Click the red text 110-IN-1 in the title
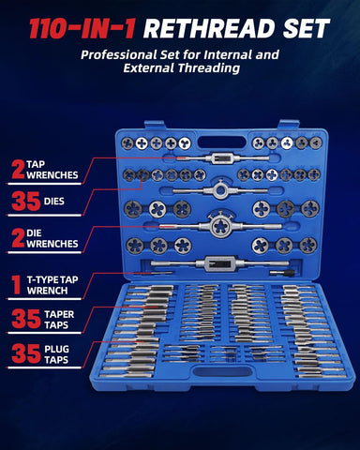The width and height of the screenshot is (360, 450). click(82, 29)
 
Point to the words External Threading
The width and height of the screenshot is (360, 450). click(182, 68)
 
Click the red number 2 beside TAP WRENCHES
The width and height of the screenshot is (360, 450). click(18, 170)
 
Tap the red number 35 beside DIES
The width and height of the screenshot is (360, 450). click(26, 202)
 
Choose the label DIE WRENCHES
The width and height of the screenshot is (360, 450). click(52, 238)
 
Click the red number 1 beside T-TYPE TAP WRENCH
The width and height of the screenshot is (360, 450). click(16, 285)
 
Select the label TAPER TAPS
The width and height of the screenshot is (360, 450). click(59, 320)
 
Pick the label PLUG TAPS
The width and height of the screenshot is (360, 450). click(56, 354)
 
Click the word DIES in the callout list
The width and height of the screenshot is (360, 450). click(54, 202)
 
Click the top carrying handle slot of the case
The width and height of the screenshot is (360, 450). click(222, 142)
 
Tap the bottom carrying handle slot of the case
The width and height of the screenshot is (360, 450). click(222, 371)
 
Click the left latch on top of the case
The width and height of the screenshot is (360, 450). click(155, 125)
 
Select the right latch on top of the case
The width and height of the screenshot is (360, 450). click(289, 124)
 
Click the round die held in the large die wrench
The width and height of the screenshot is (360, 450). click(220, 226)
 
